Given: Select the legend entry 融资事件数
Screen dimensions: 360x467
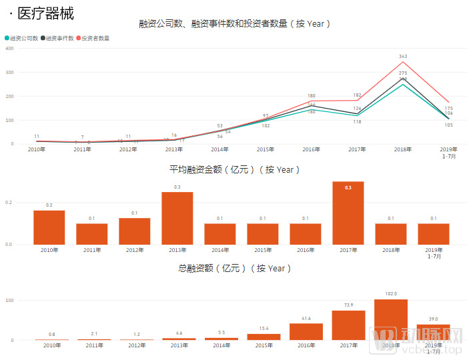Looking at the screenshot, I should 60,38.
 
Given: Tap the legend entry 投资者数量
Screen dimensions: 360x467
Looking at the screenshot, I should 95,38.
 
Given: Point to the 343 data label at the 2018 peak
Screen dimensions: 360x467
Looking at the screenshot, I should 403,57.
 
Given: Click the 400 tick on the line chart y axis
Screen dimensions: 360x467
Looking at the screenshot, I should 9,49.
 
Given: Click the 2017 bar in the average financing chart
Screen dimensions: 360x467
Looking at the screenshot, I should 348,213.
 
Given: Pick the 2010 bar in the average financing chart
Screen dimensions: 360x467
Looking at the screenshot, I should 49,227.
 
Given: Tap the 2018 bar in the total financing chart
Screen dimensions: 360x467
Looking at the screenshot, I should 391,319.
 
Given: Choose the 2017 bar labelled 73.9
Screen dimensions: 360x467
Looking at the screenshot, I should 348,325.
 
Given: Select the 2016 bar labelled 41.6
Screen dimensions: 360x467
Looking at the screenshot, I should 306,331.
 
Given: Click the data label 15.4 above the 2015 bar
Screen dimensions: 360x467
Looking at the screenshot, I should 264,329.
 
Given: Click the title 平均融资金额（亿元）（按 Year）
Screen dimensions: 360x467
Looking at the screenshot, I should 234,170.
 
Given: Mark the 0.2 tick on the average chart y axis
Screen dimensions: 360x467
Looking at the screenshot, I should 9,202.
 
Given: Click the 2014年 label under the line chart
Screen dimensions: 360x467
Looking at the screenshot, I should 220,149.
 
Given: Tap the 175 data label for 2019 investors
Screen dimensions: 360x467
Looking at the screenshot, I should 448,108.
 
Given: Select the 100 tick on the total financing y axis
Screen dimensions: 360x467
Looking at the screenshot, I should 9,300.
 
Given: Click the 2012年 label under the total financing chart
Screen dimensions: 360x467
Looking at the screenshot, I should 135,345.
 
